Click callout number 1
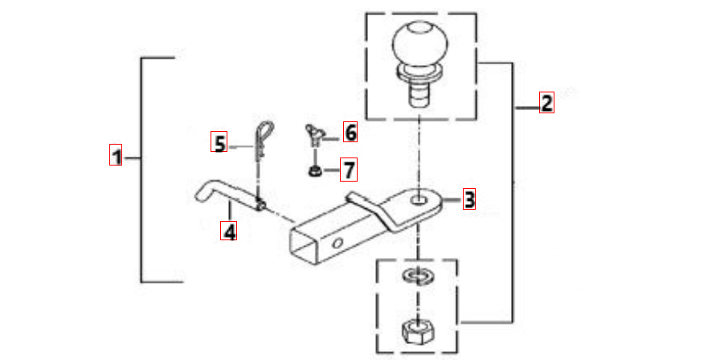[116, 155]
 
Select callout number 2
[546, 102]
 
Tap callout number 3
[468, 198]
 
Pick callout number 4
[229, 231]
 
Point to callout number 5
[219, 141]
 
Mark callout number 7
[349, 169]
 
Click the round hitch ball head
[419, 45]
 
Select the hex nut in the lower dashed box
[417, 329]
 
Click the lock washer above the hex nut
[418, 276]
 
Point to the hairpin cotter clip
[263, 139]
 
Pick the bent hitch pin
[230, 195]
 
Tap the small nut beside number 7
[313, 172]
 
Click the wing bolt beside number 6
[314, 134]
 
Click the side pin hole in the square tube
[338, 242]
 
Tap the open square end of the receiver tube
[305, 246]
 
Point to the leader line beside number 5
[240, 147]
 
